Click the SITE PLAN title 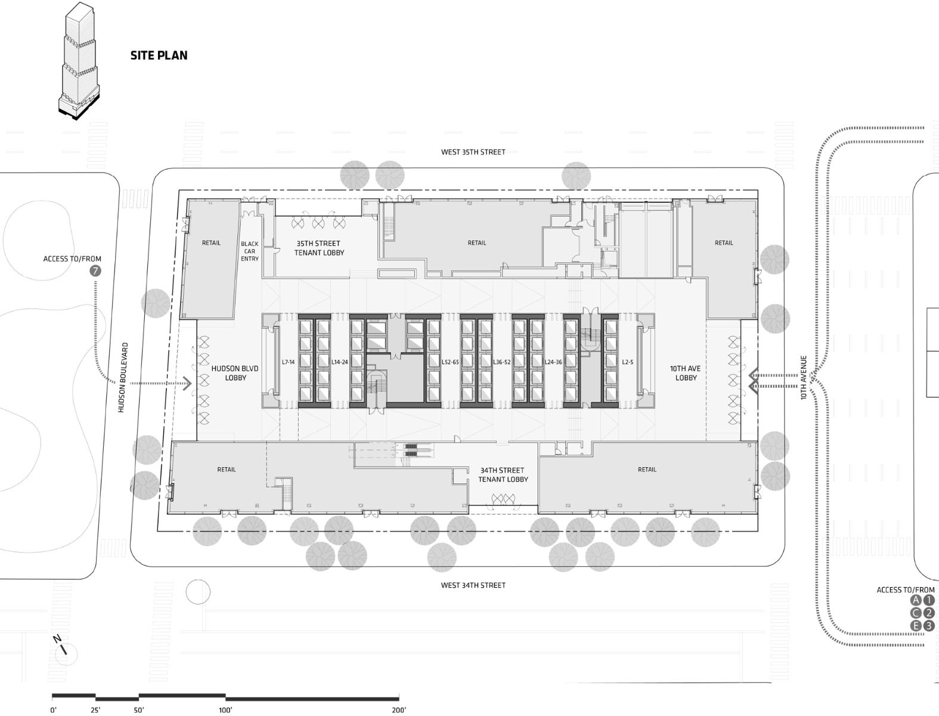[x=159, y=55]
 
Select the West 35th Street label [x=473, y=152]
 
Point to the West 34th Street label [x=473, y=585]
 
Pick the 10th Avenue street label [x=804, y=378]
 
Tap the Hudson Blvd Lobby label [x=235, y=373]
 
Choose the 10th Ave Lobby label [x=686, y=373]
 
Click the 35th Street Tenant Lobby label [x=319, y=248]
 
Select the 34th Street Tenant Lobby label [x=503, y=474]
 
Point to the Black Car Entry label [x=250, y=251]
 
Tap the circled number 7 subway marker [x=94, y=271]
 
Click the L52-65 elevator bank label [x=450, y=362]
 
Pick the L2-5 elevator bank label [x=627, y=362]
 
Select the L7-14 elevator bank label [x=288, y=362]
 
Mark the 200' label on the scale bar [x=399, y=710]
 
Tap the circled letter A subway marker [x=916, y=601]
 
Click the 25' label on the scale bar [x=95, y=710]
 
